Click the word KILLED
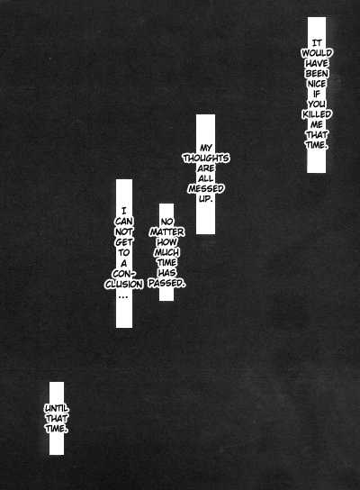(317, 114)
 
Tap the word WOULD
(317, 53)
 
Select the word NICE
(317, 84)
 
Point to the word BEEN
(317, 74)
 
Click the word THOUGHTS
(206, 159)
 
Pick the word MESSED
(206, 189)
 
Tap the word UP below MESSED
(206, 199)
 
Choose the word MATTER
(166, 231)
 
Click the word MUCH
(166, 252)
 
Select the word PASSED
(166, 283)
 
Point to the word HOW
(166, 242)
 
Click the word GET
(124, 242)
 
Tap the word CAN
(124, 222)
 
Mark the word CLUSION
(124, 284)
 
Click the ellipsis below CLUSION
(123, 296)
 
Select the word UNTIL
(57, 408)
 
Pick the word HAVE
(317, 63)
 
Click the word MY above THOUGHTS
(206, 148)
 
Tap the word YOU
(317, 104)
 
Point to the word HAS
(166, 273)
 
